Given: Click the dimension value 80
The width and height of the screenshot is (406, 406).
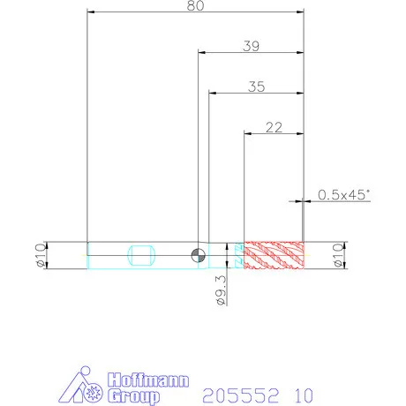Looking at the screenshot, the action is coord(195,5).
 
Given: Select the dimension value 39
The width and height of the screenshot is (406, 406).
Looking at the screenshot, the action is coord(252,46).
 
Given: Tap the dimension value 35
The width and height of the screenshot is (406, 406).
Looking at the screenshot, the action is coord(256,86).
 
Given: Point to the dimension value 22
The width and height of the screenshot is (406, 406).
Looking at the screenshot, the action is coord(274,127).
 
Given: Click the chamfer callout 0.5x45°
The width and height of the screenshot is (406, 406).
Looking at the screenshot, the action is coord(343,195).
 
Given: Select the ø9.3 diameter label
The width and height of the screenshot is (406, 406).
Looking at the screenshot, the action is coord(222,290).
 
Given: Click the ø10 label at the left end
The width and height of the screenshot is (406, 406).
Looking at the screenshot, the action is coord(41,255).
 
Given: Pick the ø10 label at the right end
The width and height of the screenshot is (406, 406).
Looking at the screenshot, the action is coord(338,255).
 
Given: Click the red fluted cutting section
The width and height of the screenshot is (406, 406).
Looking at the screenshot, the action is coord(274,255).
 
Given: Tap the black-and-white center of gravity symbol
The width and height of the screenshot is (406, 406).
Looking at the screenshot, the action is coord(199,255).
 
